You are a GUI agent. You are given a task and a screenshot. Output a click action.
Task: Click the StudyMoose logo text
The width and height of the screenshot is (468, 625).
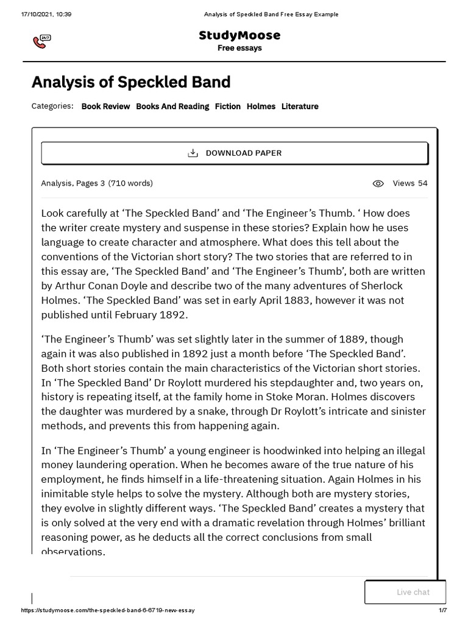point(239,35)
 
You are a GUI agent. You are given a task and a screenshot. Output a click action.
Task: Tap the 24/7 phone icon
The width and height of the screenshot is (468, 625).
point(41,42)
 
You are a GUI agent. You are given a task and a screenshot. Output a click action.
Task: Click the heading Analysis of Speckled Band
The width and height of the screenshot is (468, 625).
point(131,82)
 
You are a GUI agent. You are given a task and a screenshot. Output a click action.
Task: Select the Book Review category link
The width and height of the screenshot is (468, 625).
point(105,106)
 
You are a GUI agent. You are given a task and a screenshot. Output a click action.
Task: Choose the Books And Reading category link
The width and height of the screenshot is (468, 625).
point(172,106)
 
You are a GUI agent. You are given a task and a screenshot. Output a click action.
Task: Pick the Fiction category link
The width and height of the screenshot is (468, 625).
point(228,106)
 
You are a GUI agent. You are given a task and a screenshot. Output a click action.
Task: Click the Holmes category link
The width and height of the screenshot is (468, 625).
point(261,106)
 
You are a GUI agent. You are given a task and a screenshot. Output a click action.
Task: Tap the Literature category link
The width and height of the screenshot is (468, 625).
point(300,106)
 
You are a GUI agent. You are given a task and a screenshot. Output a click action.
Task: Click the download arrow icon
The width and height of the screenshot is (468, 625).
point(193,153)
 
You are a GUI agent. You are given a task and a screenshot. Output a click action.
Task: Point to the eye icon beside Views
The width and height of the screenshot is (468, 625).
point(378,183)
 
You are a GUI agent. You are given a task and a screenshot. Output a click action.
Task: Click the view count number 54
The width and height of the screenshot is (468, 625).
point(422,183)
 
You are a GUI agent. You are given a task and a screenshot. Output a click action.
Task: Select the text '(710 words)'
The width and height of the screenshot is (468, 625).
point(130,183)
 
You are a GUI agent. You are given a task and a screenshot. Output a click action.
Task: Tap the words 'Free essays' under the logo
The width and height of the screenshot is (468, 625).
point(239,48)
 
